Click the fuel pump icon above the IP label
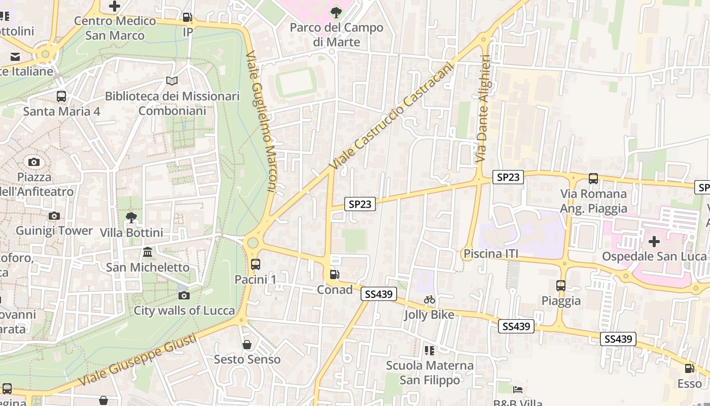click(188, 17)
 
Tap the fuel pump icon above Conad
click(334, 275)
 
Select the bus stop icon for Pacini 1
click(255, 264)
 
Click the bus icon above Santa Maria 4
click(61, 96)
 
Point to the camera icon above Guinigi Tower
click(54, 216)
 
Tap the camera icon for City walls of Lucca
click(184, 295)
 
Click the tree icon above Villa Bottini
click(131, 218)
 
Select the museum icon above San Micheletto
click(148, 252)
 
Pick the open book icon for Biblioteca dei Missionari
click(172, 81)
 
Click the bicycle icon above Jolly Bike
click(430, 300)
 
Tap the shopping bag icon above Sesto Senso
click(247, 345)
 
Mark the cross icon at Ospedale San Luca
click(654, 241)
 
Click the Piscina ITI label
click(491, 254)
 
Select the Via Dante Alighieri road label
click(482, 109)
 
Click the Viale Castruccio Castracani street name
click(390, 116)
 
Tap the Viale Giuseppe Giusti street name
click(137, 362)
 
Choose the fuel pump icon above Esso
click(689, 368)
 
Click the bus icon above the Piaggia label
click(561, 285)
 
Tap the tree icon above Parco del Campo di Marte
click(336, 12)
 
